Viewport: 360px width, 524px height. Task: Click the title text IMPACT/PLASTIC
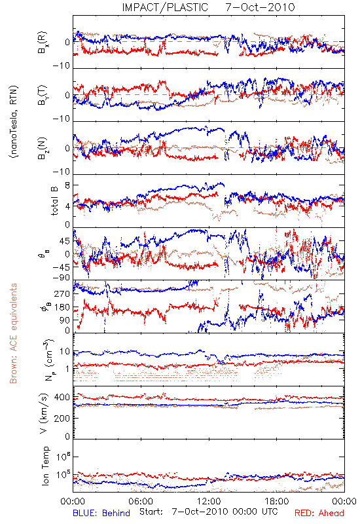[x=165, y=7]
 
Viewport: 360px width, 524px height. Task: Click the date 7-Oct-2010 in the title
[x=260, y=7]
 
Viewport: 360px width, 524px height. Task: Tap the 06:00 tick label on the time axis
[x=141, y=502]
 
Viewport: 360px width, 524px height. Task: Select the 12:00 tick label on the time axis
[x=209, y=502]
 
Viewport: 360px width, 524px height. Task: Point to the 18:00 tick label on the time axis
[x=277, y=502]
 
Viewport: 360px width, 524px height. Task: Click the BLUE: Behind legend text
[x=101, y=513]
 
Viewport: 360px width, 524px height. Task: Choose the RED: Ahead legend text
[x=319, y=513]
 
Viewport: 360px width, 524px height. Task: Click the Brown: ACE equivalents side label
[x=13, y=333]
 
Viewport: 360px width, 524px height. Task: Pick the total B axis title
[x=54, y=201]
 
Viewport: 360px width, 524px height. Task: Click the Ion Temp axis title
[x=45, y=466]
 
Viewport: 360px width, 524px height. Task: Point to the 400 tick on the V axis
[x=62, y=398]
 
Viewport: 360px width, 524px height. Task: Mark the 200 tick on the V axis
[x=62, y=418]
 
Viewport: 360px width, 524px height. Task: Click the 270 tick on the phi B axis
[x=62, y=294]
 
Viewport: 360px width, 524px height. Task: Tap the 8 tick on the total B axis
[x=67, y=185]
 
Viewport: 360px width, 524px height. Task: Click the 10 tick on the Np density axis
[x=65, y=352]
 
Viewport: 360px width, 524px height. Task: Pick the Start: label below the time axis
[x=151, y=512]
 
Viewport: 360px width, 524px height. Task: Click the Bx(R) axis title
[x=43, y=43]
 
